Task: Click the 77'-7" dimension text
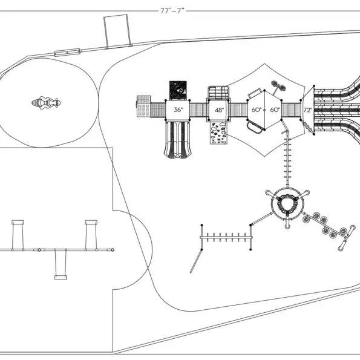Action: point(172,11)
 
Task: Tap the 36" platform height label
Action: point(178,110)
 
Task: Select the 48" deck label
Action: point(219,110)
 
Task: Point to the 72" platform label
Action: point(307,110)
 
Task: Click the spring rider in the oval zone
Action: point(46,103)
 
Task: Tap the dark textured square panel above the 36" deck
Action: point(178,90)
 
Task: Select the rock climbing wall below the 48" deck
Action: point(218,133)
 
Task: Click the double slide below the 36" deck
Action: point(177,140)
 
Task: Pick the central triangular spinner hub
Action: point(287,203)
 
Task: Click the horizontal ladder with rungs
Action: point(226,237)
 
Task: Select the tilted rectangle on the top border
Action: point(118,31)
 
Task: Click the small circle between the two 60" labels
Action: point(264,110)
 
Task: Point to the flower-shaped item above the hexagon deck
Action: point(278,87)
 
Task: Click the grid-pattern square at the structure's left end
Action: point(144,106)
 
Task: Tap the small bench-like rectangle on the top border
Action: point(67,52)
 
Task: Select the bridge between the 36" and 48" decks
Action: point(198,110)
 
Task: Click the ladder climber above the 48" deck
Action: point(218,93)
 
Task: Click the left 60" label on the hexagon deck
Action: point(256,110)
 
